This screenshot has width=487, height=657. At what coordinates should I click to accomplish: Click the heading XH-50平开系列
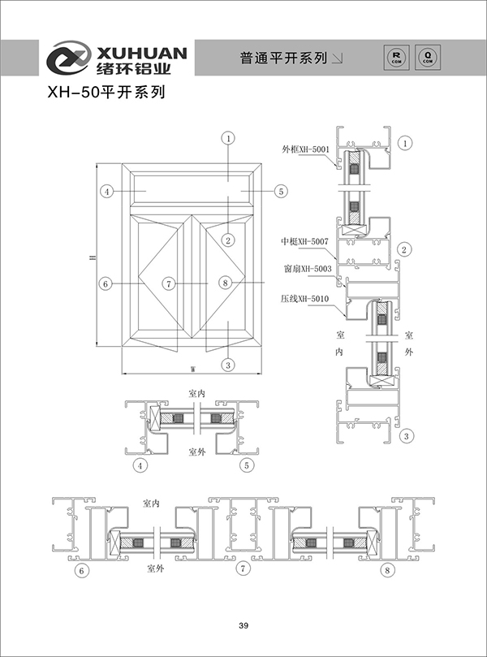(106, 93)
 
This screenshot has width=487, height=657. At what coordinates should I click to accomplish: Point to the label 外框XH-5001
(306, 149)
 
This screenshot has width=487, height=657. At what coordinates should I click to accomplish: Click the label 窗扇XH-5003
(306, 268)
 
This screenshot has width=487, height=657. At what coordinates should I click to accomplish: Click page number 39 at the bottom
(243, 625)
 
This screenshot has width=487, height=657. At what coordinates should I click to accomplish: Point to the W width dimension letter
(193, 369)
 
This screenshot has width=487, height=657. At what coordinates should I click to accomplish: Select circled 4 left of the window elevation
(106, 192)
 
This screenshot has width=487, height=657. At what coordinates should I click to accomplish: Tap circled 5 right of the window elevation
(280, 192)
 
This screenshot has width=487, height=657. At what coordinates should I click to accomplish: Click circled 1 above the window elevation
(229, 139)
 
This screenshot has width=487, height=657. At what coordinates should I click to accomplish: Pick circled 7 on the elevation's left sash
(168, 283)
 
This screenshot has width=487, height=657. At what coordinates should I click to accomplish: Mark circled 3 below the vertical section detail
(404, 437)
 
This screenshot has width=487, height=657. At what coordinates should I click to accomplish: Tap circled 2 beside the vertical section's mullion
(404, 249)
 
